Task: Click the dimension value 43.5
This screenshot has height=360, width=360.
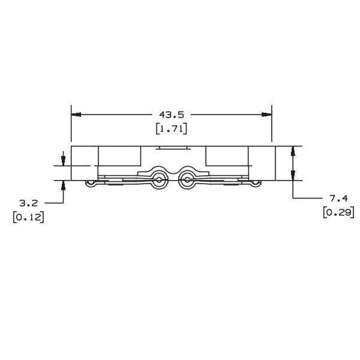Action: [171, 114]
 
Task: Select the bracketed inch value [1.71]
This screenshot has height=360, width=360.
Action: [172, 128]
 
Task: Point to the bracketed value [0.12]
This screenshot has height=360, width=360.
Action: [28, 217]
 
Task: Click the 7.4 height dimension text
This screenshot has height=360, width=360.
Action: [338, 197]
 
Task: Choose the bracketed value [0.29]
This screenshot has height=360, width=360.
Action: [338, 212]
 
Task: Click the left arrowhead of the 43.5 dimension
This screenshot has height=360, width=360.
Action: [76, 114]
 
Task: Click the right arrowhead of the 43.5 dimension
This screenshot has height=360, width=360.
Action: [267, 114]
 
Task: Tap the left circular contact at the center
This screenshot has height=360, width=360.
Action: [158, 178]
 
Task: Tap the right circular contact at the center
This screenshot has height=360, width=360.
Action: [186, 178]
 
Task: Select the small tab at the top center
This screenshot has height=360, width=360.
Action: [172, 148]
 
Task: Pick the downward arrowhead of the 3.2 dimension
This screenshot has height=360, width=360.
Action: [63, 160]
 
